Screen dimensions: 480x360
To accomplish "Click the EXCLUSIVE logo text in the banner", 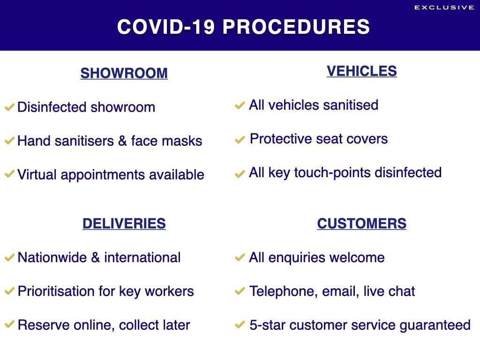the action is pos(444,7).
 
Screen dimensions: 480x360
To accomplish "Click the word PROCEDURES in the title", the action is pos(296,27).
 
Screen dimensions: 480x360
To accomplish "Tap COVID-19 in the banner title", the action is pos(166,27).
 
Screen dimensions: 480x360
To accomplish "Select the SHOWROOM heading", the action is pos(124,73).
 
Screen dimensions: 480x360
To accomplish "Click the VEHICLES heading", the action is pos(361,71).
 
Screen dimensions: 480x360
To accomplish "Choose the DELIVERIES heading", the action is pos(124,224).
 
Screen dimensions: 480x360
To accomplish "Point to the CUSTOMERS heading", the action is pos(361,224).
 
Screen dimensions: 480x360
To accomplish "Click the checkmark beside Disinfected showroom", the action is pos(9,107).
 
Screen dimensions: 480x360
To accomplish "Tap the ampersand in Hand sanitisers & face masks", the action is pos(122,141).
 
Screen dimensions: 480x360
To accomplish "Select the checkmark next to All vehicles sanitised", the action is pos(240,105).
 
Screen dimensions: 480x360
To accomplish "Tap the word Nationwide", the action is pos(52,257).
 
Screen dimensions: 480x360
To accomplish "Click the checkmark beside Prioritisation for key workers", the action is pos(9,291).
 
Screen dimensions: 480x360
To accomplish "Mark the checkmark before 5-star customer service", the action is pos(240,324).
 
